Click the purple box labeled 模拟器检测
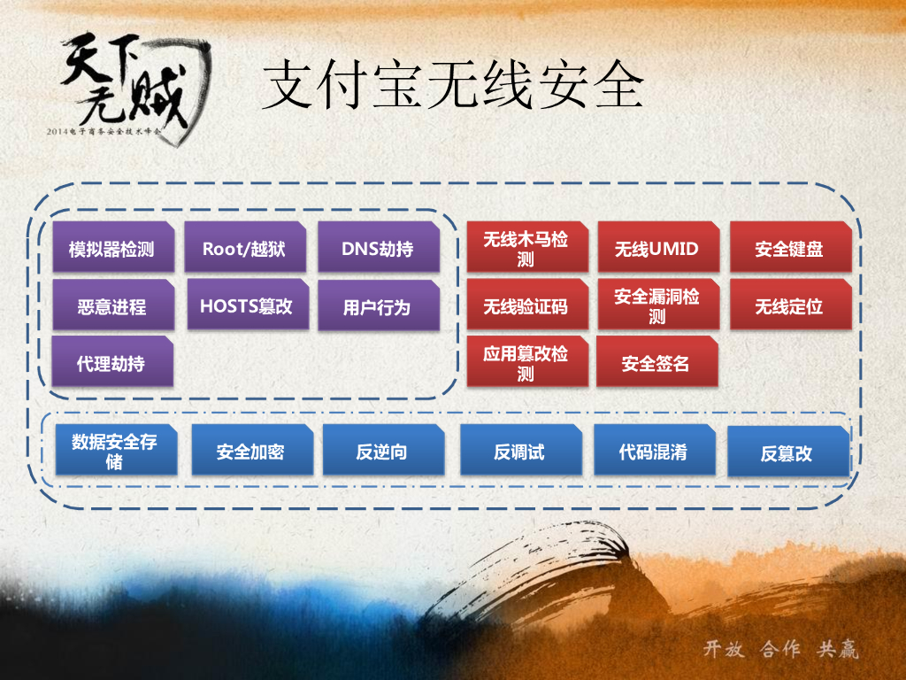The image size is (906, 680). [x=112, y=249]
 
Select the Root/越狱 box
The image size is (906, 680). [x=244, y=249]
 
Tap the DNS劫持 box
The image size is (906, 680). [x=378, y=249]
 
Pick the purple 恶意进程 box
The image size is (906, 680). [x=112, y=307]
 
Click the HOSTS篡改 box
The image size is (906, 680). [x=247, y=306]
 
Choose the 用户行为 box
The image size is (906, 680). [x=378, y=307]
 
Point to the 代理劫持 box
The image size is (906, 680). [x=112, y=363]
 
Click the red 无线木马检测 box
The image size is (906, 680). [x=526, y=249]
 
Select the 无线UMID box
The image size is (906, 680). [x=657, y=249]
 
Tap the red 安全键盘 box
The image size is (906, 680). [x=789, y=249]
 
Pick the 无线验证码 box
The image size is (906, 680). [x=526, y=307]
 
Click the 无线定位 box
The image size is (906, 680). [x=789, y=307]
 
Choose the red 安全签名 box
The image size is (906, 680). [x=656, y=363]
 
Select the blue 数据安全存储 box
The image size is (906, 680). [x=115, y=452]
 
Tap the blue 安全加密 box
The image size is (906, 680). [x=251, y=452]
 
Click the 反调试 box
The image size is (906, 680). [x=520, y=452]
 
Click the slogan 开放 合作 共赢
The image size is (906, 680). [x=780, y=649]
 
